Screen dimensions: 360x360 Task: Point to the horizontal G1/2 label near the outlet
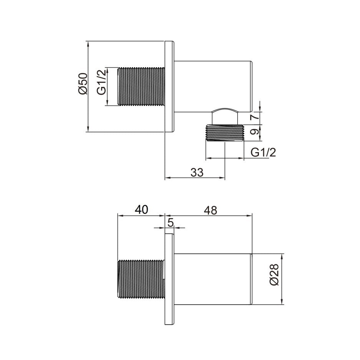263,153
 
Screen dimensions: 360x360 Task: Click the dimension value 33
197,173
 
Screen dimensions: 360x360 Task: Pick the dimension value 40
141,210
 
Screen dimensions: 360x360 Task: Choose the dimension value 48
211,210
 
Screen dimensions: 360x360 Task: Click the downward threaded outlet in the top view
225,133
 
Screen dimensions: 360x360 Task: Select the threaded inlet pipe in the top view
141,86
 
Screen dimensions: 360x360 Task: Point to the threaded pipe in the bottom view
141,279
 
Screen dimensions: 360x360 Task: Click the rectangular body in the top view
213,86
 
